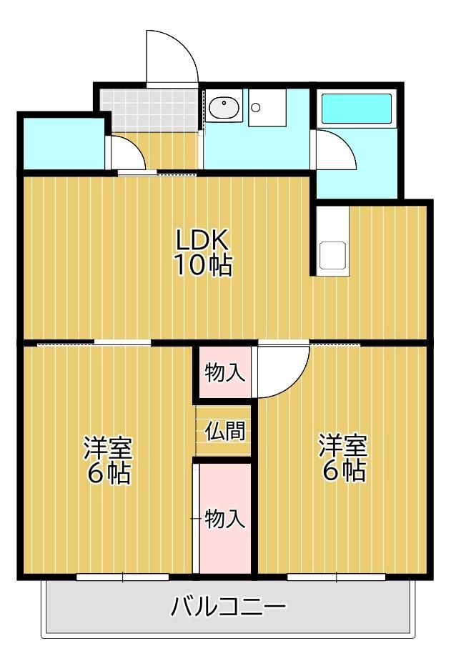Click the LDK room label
click(203, 240)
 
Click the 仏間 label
click(225, 431)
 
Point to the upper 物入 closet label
click(225, 372)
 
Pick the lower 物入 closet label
click(225, 519)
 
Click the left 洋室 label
click(108, 447)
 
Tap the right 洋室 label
click(344, 445)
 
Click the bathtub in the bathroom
click(357, 109)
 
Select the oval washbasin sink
click(224, 107)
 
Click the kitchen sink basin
click(333, 256)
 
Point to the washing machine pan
click(267, 107)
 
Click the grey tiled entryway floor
click(149, 109)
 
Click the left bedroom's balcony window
click(123, 577)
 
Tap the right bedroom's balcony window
click(337, 577)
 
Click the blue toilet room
click(64, 143)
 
